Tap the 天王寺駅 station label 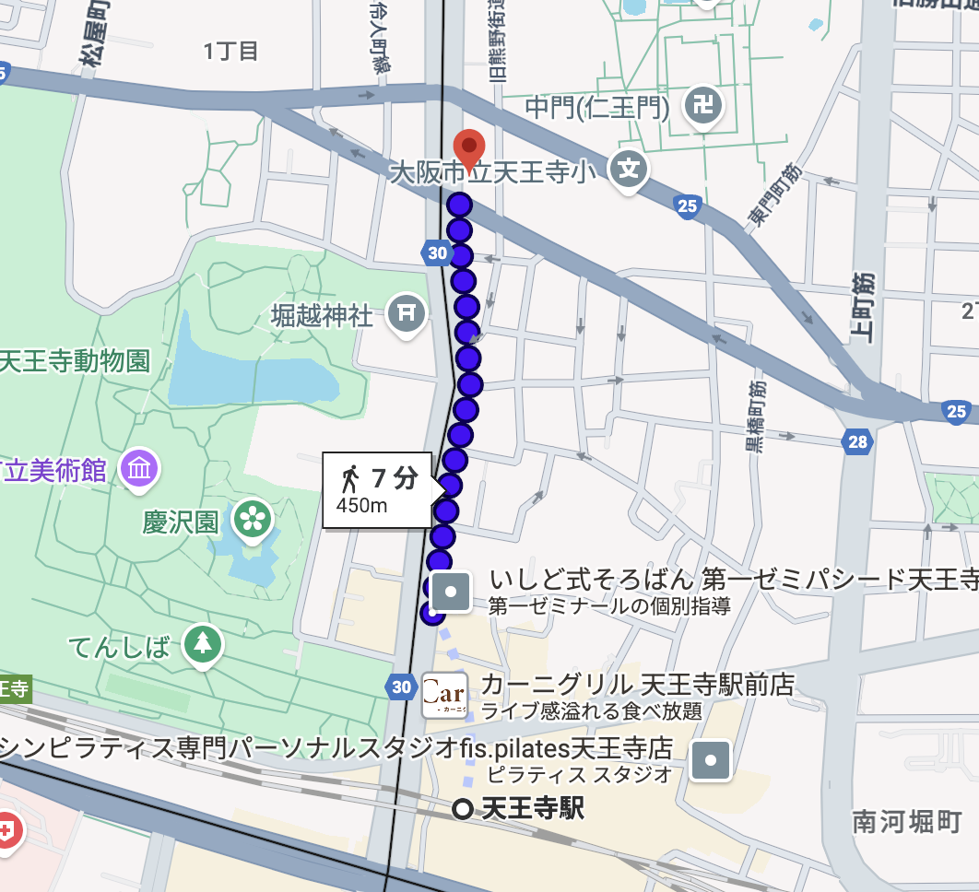click(533, 809)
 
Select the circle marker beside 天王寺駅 click(464, 809)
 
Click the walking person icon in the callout click(350, 478)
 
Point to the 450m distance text click(361, 505)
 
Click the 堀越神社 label click(322, 316)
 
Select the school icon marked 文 click(629, 170)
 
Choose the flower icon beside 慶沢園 click(252, 519)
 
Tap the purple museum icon click(140, 469)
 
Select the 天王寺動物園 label click(76, 360)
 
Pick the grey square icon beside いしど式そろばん click(452, 591)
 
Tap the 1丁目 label click(230, 51)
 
